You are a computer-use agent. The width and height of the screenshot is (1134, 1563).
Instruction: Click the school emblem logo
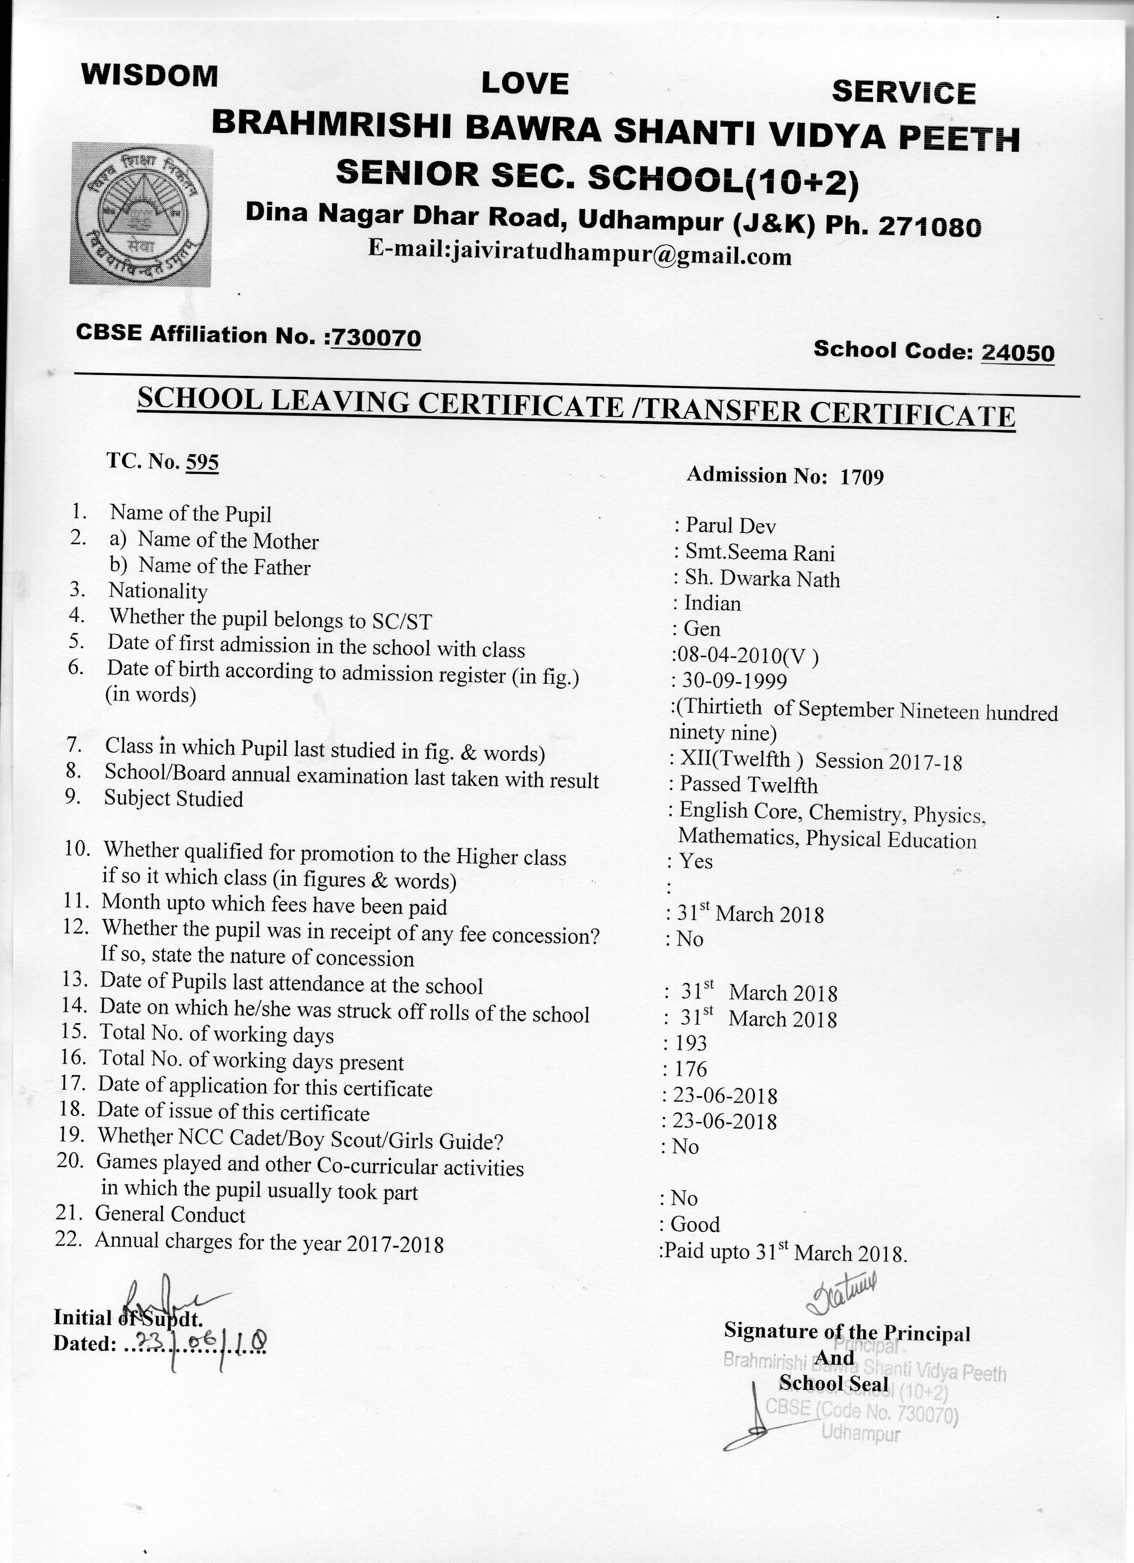pyautogui.click(x=141, y=213)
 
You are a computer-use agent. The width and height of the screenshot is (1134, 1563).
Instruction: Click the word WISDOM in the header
pyautogui.click(x=150, y=75)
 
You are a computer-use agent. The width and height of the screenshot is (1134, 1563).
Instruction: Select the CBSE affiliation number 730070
pyautogui.click(x=376, y=338)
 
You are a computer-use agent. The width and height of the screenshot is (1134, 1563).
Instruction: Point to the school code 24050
pyautogui.click(x=1018, y=353)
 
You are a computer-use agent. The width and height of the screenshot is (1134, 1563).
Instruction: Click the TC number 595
pyautogui.click(x=202, y=462)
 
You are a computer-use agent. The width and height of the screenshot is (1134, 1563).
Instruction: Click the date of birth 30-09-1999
pyautogui.click(x=734, y=681)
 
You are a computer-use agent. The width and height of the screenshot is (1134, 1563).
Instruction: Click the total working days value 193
pyautogui.click(x=691, y=1043)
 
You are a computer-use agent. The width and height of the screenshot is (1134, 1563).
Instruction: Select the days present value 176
pyautogui.click(x=691, y=1069)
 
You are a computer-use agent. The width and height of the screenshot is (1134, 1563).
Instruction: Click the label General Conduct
pyautogui.click(x=170, y=1214)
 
